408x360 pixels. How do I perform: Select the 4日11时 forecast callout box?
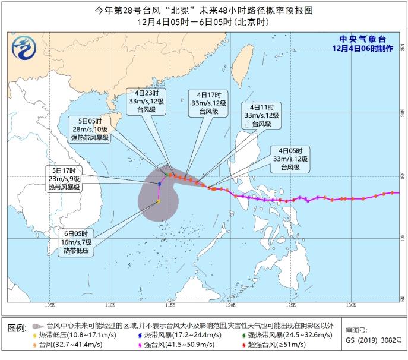(x=258, y=115)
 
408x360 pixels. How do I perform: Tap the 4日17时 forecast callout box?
(x=205, y=102)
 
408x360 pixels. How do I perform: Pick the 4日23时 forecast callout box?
(x=142, y=102)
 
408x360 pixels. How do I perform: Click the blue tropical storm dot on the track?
(x=160, y=184)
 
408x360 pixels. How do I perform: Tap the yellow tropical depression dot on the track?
(x=158, y=201)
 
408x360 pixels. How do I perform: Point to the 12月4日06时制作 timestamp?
(x=363, y=49)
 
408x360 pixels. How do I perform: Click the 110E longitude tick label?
(x=109, y=306)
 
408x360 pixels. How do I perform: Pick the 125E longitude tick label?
(x=290, y=306)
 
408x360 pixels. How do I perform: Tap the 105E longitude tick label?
(x=49, y=306)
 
